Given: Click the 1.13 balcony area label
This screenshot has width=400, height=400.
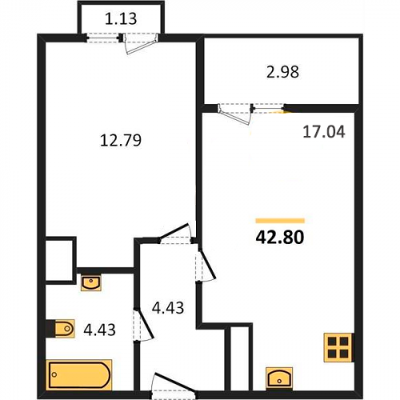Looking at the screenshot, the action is pos(121,19).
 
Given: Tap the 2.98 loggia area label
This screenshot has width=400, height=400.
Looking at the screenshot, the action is pos(282,72).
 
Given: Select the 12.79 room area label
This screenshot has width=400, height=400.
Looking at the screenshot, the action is pos(121,141).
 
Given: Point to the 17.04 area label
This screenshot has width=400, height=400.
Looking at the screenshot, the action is pos(324,132).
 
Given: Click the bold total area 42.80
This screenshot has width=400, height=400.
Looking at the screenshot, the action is pos(280,238).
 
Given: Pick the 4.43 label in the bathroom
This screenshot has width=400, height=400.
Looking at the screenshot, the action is pos(99,330).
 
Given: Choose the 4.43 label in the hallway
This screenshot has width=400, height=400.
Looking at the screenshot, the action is pos(168,307).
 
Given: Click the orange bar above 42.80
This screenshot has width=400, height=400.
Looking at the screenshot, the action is pos(280,221).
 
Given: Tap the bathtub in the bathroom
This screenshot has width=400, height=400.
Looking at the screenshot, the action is pos(79,374).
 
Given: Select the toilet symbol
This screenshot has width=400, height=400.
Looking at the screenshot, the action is pos(64,329).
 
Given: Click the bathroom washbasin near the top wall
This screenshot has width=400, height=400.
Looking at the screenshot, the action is pos(91,283).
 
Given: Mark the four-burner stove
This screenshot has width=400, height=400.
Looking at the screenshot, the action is pos(338,347).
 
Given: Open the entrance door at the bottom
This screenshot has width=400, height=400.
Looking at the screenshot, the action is pos(174,385).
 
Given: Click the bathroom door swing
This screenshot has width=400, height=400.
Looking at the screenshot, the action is pos(143,325).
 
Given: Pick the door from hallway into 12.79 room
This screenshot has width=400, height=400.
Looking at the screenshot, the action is pos(176,234).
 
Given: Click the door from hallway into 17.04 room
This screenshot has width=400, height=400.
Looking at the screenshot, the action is pos(206,265).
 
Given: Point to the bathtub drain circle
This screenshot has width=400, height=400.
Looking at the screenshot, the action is pos(54,374).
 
